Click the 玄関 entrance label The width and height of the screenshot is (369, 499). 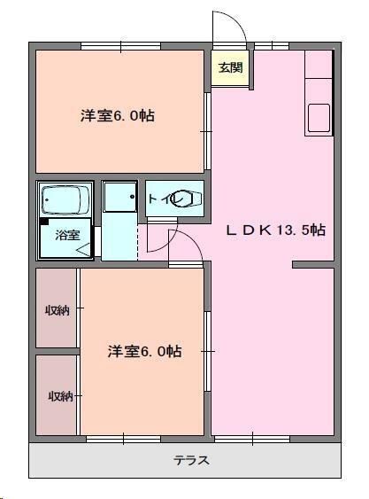pyautogui.click(x=230, y=67)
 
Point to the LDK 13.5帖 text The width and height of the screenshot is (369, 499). pyautogui.click(x=275, y=230)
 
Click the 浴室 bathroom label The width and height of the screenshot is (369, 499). pyautogui.click(x=67, y=235)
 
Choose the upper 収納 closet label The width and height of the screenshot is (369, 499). pyautogui.click(x=58, y=310)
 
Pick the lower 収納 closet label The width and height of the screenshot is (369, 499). pyautogui.click(x=58, y=395)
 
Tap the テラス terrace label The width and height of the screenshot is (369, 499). pyautogui.click(x=191, y=460)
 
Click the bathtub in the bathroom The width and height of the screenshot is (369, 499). pyautogui.click(x=66, y=200)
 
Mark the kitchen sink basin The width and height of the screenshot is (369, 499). pyautogui.click(x=319, y=118)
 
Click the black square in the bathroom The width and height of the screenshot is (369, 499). pyautogui.click(x=44, y=222)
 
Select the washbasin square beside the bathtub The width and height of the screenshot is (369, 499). pyautogui.click(x=118, y=200)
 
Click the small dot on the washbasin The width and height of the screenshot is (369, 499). pyautogui.click(x=132, y=196)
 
